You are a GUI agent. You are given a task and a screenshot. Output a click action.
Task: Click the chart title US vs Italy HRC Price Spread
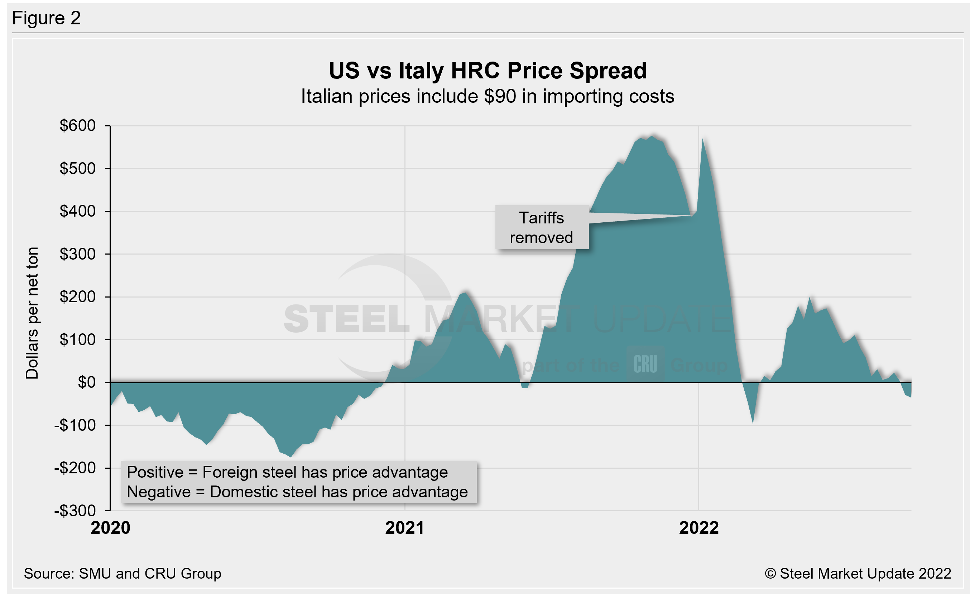488,71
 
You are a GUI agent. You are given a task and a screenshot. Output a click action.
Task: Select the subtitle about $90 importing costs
488,96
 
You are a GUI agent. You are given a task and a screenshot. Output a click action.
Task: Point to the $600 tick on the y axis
78,125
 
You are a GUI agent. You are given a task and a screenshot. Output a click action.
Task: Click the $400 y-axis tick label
78,211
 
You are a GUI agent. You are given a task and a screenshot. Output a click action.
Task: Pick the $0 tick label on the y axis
87,382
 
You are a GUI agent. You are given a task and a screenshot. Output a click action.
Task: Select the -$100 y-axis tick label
75,425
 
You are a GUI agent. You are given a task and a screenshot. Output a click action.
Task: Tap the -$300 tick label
75,511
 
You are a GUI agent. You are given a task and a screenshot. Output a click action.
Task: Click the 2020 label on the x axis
110,528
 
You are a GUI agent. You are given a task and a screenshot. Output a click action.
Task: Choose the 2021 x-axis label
405,528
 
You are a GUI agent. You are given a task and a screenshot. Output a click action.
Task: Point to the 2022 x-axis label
699,528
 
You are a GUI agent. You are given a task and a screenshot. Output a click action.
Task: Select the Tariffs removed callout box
542,227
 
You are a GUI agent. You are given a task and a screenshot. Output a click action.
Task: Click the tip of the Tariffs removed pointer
692,216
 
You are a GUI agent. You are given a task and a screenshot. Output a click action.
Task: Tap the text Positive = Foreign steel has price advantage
287,472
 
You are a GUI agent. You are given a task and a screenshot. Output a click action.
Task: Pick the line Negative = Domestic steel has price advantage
297,492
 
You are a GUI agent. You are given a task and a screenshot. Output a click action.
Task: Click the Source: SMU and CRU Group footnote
123,574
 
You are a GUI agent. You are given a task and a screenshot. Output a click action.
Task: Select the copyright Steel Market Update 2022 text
858,574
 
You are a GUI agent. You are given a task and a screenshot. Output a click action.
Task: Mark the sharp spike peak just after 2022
703,139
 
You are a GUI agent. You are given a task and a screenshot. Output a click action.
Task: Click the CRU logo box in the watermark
645,364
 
